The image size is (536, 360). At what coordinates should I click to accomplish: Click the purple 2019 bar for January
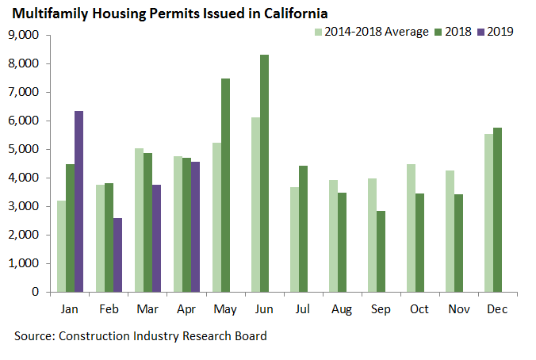coord(79,201)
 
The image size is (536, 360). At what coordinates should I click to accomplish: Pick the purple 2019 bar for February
coord(117,255)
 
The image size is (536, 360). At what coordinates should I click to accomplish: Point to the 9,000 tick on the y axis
coord(25,35)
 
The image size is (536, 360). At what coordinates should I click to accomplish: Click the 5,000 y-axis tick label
coord(25,149)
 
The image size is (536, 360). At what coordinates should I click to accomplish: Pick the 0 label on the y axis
coord(36,292)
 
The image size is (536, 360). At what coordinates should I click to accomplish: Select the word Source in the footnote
coord(34,335)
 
